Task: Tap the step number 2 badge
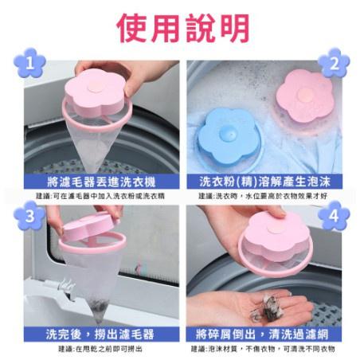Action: (333, 62)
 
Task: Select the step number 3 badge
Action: (29, 215)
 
